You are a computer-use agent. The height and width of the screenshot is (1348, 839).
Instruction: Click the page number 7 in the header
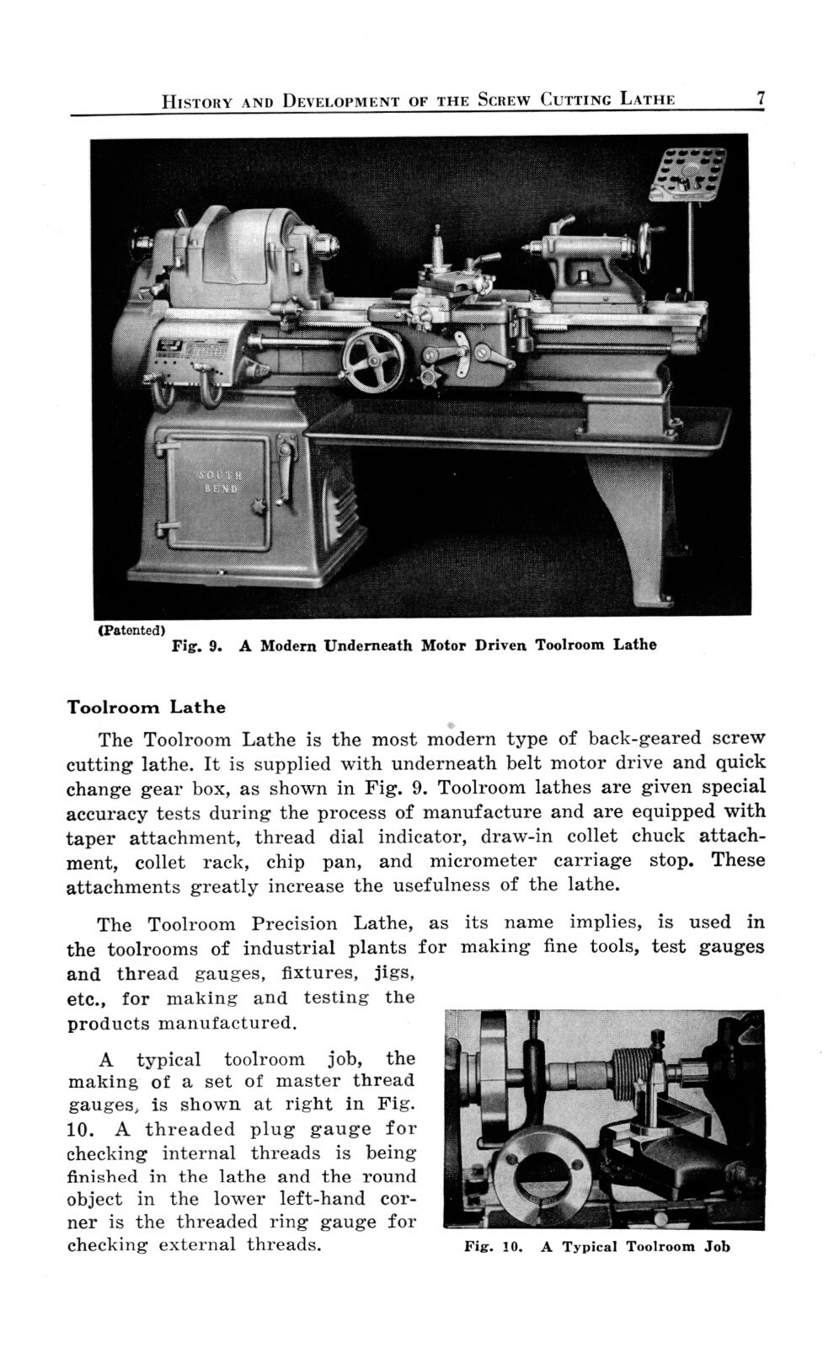pyautogui.click(x=759, y=99)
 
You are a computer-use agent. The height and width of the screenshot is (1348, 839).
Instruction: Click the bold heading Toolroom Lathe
pyautogui.click(x=146, y=706)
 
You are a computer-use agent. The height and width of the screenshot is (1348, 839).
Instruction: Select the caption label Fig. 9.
pyautogui.click(x=195, y=646)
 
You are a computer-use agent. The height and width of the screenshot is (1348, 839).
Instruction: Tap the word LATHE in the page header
pyautogui.click(x=648, y=99)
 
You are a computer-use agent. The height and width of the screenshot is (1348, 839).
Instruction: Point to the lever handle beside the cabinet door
pyautogui.click(x=290, y=472)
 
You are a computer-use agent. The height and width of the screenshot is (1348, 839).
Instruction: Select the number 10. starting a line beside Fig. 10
pyautogui.click(x=83, y=1129)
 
